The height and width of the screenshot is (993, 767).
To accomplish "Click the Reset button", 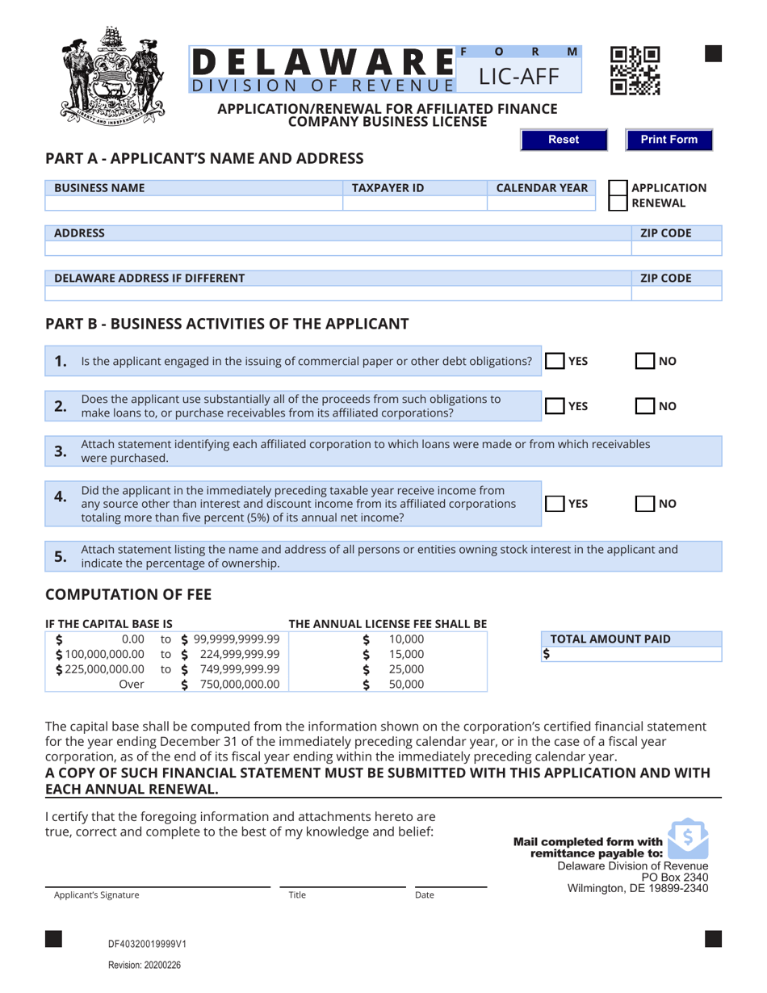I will coord(563,140).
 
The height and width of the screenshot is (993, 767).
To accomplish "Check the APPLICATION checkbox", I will coord(617,188).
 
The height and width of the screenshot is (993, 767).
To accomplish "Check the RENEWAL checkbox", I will coord(617,203).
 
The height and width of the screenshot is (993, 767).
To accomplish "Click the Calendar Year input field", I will coord(542,203).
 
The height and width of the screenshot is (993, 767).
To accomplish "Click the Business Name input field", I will coord(194,203).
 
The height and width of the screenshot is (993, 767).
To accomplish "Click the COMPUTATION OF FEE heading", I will coord(128,594).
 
